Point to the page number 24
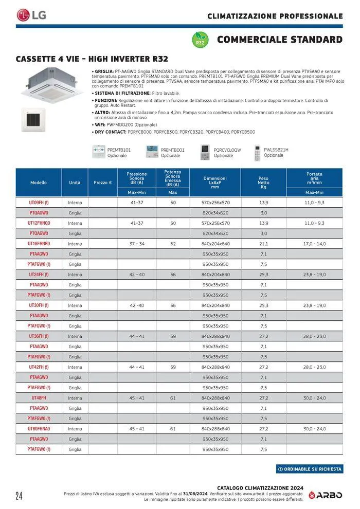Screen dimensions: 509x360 pyautogui.click(x=19, y=496)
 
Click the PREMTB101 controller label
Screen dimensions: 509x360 pyautogui.click(x=119, y=150)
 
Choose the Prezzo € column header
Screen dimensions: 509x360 pyautogui.click(x=103, y=183)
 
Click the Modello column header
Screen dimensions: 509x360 pyautogui.click(x=39, y=183)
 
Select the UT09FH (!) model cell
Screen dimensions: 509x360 pyautogui.click(x=39, y=203)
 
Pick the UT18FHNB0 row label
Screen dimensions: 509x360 pyautogui.click(x=39, y=244)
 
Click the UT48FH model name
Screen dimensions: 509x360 pyautogui.click(x=39, y=398)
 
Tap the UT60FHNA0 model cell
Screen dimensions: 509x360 pyautogui.click(x=39, y=429)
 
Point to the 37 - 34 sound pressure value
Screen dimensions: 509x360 pyautogui.click(x=137, y=244)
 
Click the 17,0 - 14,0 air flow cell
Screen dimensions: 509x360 pyautogui.click(x=314, y=244)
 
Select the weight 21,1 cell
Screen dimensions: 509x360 pyautogui.click(x=263, y=244)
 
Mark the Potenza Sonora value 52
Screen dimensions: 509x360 pyautogui.click(x=173, y=244)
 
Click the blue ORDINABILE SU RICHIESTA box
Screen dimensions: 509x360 pyautogui.click(x=309, y=469)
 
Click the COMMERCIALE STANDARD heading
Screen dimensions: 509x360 pyautogui.click(x=280, y=40)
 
